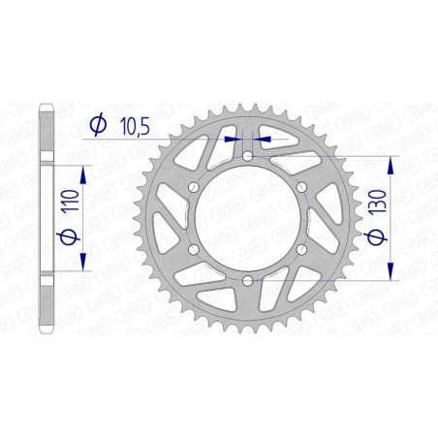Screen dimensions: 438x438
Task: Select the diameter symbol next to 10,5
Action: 96,123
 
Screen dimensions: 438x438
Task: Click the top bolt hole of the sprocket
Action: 248,156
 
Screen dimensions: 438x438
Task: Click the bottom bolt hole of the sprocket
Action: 248,281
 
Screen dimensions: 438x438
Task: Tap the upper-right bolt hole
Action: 302,187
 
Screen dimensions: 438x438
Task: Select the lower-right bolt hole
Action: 302,250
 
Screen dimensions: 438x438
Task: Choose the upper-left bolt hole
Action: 194,187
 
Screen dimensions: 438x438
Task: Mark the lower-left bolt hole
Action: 194,250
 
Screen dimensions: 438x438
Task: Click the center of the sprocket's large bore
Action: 248,219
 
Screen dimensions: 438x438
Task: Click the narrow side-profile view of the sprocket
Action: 47,218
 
